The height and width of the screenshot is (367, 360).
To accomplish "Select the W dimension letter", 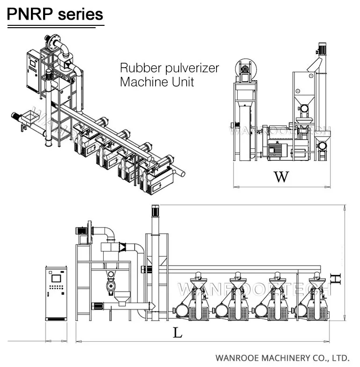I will [x=281, y=176].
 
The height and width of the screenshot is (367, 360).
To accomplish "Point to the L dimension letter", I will [x=177, y=333].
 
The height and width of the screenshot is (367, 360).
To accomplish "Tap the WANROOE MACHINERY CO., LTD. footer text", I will [x=283, y=357].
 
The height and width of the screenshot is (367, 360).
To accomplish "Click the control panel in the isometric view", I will [x=34, y=66].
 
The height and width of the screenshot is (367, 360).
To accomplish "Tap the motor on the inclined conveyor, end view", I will [x=322, y=48].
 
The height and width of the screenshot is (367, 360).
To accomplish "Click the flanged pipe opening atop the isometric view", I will [x=52, y=41].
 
